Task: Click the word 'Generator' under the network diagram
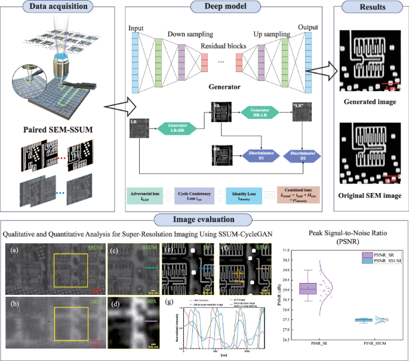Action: point(220,85)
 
